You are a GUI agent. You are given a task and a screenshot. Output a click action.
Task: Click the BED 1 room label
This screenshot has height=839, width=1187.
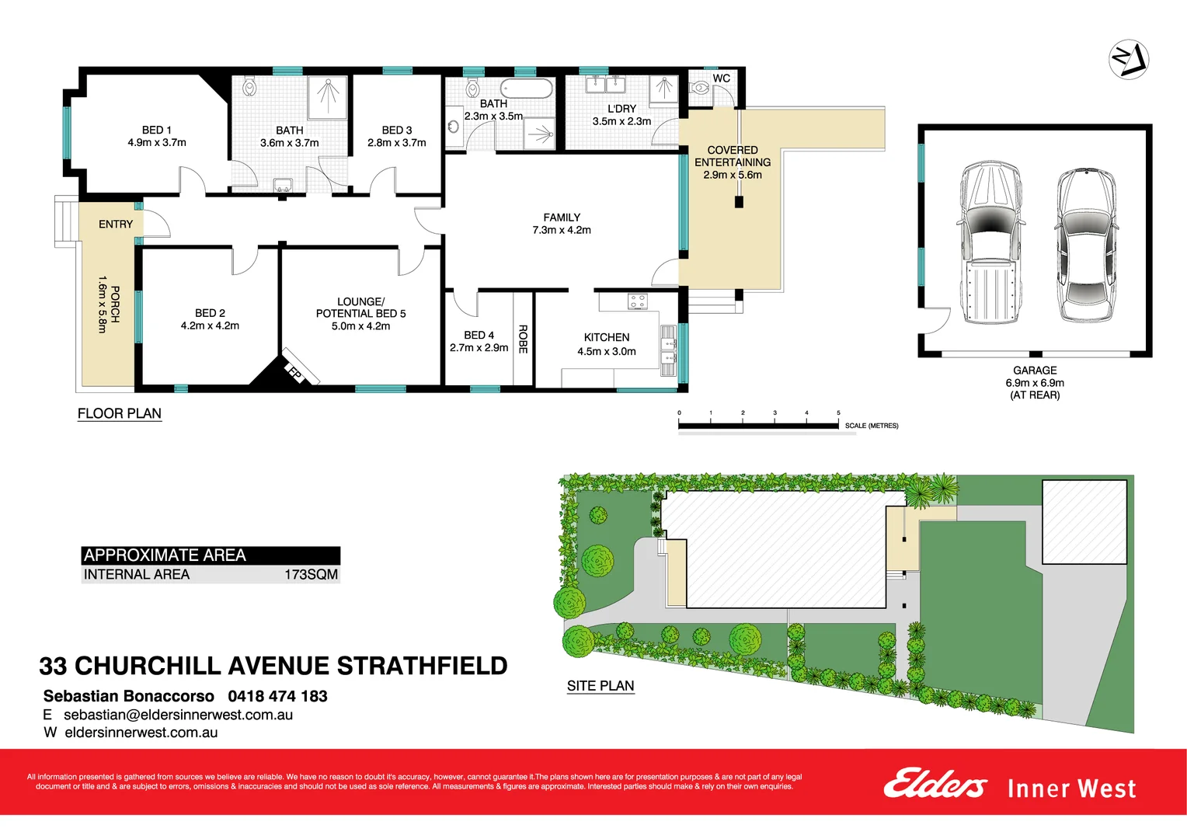157,131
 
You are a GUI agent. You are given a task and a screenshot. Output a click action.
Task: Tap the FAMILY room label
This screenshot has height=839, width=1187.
562,218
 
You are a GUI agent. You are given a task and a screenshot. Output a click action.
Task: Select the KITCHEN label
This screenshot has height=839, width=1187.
607,338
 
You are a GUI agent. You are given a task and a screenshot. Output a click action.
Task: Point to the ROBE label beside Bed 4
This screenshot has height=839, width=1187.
523,339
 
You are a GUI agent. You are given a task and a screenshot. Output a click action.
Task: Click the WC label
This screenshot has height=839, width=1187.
721,78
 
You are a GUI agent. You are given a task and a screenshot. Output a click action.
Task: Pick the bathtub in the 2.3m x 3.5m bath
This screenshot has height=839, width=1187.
526,89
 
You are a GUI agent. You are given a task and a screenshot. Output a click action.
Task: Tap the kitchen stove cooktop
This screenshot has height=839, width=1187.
638,301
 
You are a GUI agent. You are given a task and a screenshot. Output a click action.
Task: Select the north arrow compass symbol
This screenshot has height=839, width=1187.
1128,59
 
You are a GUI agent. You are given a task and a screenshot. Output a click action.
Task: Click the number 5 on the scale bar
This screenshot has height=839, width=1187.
838,413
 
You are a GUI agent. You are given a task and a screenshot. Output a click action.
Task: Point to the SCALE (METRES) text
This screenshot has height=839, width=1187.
872,426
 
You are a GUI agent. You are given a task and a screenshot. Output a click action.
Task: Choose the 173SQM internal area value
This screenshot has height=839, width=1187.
311,575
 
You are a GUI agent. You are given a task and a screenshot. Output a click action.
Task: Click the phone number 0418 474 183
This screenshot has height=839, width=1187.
277,696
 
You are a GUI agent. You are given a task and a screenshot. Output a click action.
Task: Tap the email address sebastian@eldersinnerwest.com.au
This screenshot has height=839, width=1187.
178,715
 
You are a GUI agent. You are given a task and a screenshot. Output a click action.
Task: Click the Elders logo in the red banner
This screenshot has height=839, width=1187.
935,784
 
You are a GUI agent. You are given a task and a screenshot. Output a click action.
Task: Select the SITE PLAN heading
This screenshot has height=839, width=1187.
600,686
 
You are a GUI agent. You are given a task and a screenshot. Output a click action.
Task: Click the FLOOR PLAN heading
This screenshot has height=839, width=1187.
120,413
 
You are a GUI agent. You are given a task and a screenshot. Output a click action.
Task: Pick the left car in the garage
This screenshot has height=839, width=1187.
989,242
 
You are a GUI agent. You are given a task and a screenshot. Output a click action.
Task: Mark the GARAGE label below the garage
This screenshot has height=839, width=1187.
1035,371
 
